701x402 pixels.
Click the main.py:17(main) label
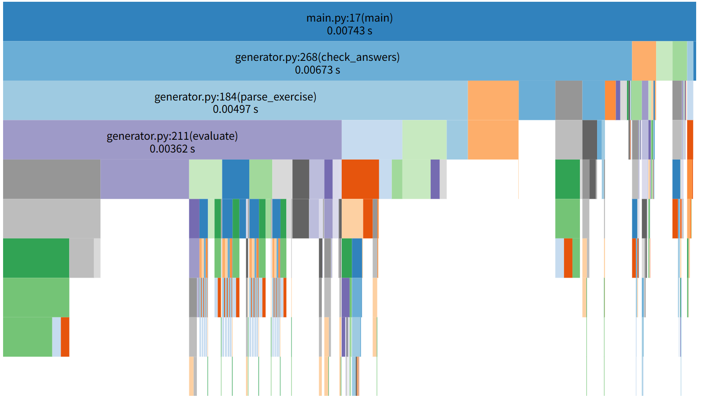[349, 18]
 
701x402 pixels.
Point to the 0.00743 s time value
[349, 31]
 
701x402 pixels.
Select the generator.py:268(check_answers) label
[317, 57]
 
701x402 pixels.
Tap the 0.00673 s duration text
[317, 70]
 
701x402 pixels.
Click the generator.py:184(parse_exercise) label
[235, 97]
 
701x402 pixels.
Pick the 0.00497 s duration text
[235, 109]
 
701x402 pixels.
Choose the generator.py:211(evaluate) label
[172, 136]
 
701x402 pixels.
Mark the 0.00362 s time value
[172, 149]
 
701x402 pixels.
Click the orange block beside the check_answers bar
[643, 61]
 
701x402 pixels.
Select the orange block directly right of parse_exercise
[493, 100]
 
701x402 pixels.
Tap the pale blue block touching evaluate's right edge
[371, 139]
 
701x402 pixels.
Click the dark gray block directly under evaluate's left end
[52, 179]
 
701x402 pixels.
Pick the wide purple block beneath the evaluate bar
[144, 179]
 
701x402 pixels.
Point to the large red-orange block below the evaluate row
[360, 179]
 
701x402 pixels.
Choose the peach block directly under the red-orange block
[352, 218]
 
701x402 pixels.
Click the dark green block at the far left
[36, 258]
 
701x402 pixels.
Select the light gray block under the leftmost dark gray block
[52, 218]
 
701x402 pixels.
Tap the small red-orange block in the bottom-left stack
[65, 337]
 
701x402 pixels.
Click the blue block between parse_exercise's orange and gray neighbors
[537, 100]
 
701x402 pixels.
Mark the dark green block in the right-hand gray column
[567, 179]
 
